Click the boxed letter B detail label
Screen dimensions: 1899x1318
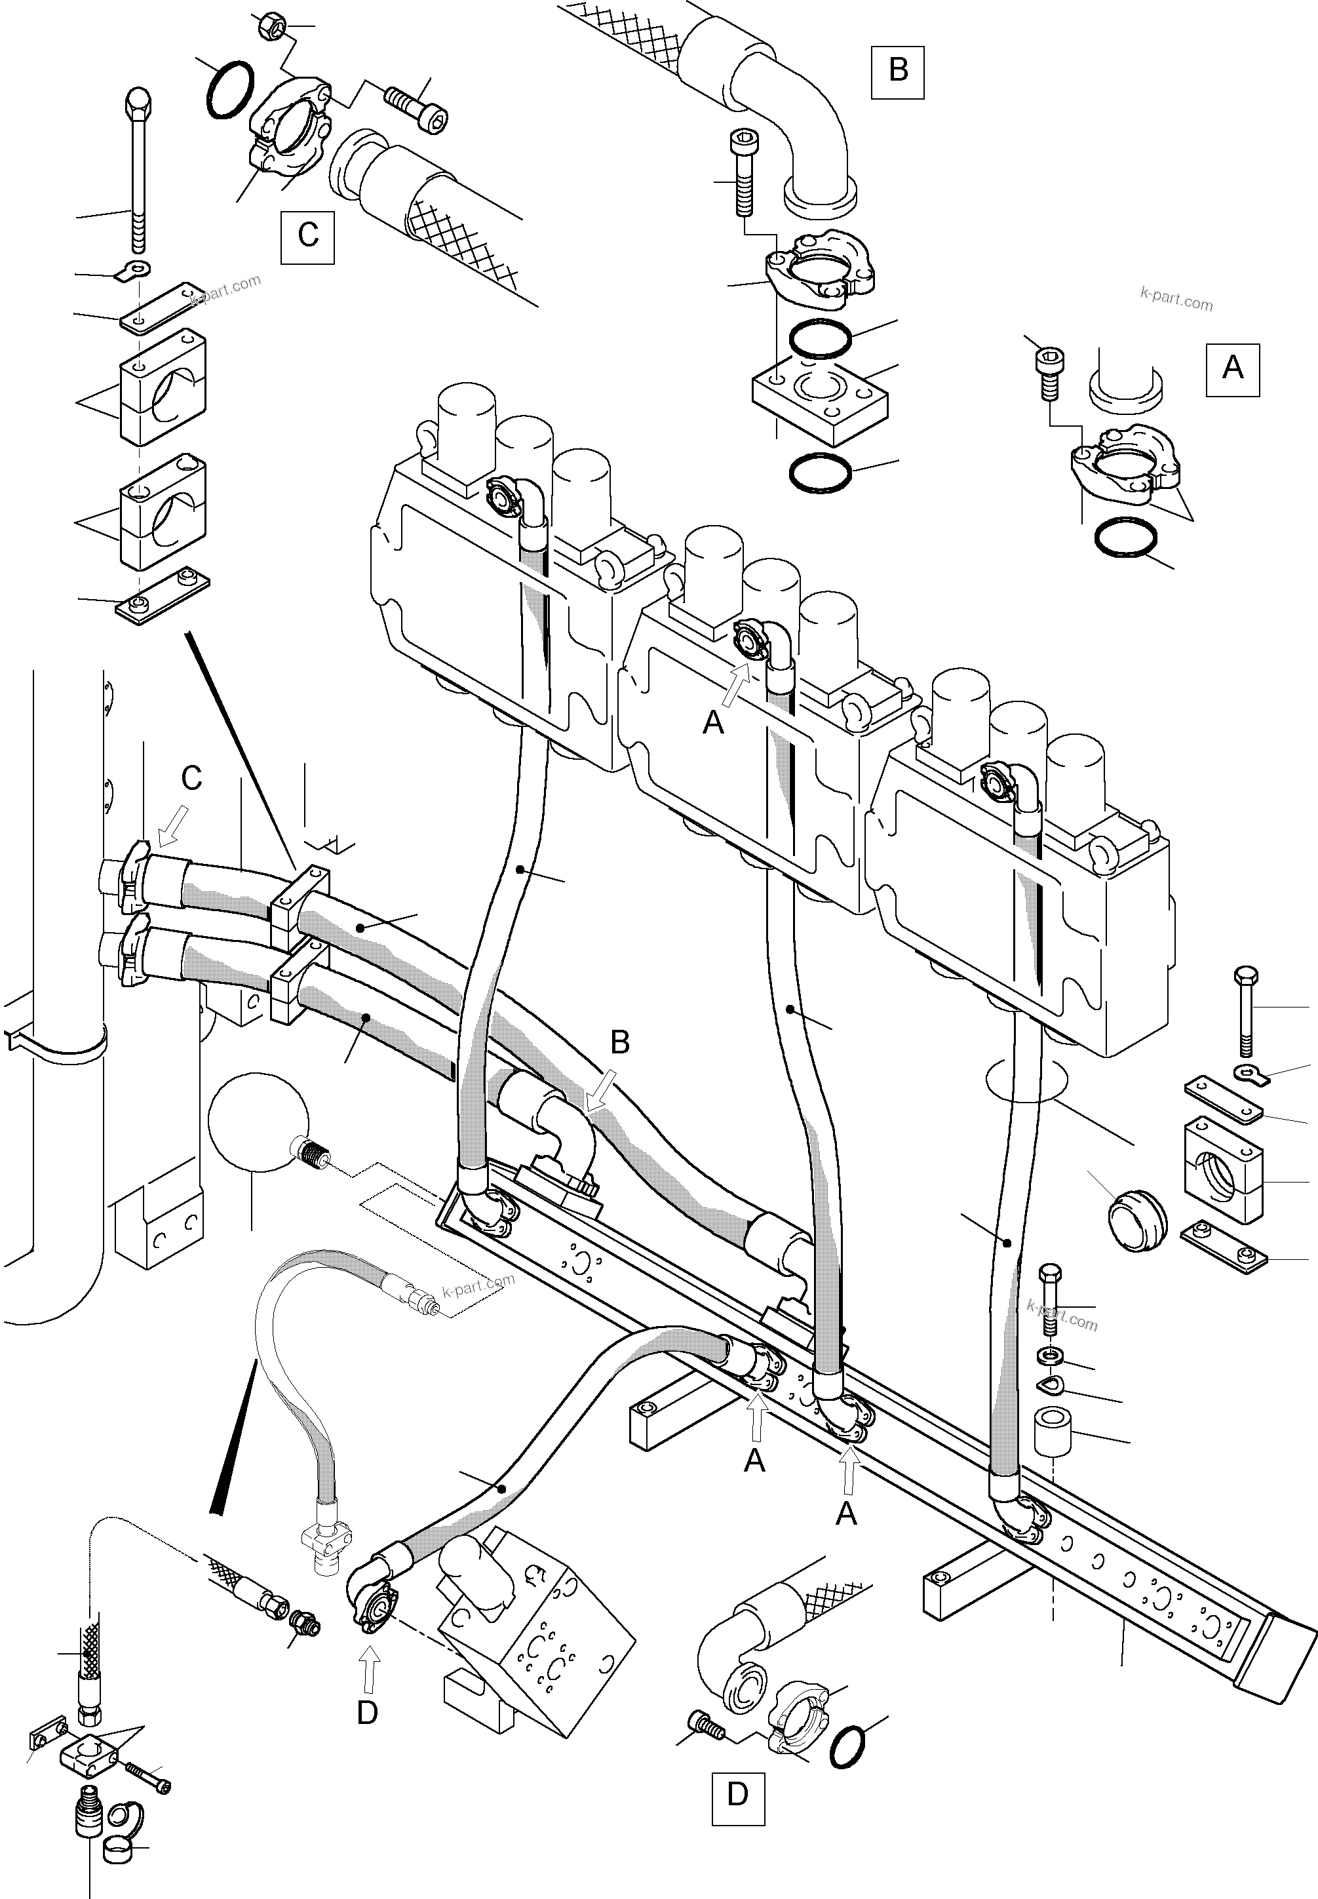[x=898, y=71]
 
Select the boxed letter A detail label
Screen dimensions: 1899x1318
[x=1232, y=368]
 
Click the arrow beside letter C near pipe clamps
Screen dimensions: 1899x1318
[x=172, y=827]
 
